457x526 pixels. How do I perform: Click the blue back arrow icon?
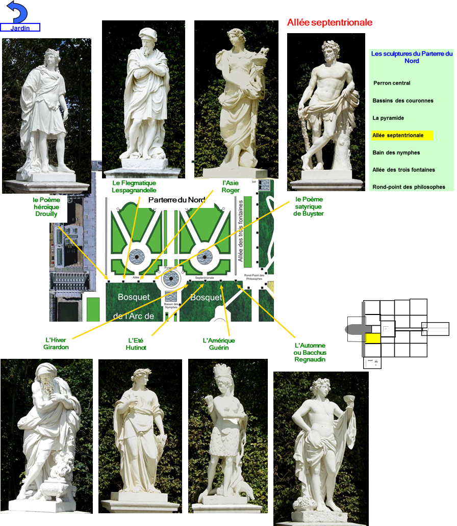coord(16,12)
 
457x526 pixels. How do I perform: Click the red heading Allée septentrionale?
coord(329,22)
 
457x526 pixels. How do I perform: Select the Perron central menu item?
coord(392,83)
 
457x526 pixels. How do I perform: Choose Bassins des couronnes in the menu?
coord(403,101)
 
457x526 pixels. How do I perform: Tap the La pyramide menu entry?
coord(388,118)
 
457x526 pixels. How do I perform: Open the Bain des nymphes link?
coord(396,153)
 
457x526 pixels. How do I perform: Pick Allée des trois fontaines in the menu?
coord(404,170)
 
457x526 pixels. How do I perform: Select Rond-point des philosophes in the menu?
coord(409,187)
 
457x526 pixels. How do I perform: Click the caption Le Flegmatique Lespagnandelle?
coord(134,187)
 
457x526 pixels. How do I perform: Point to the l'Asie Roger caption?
coord(231,187)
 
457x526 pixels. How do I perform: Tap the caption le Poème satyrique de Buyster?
coord(309,206)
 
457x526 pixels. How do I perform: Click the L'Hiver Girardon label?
coord(56,344)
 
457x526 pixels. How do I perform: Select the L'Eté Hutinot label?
coord(136,344)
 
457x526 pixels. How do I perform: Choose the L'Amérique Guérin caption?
coord(219,344)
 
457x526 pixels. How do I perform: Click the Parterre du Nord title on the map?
coord(176,200)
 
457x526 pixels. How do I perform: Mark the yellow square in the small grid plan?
coord(373,337)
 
